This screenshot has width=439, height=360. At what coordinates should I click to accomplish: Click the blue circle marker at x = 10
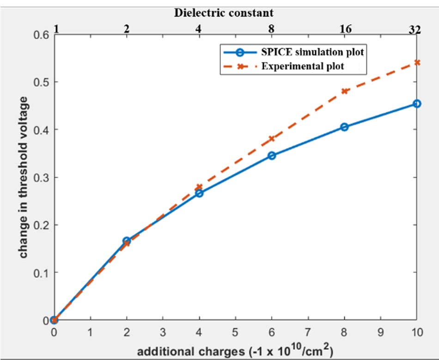click(417, 104)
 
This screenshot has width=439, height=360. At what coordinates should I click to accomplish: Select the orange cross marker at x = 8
click(344, 91)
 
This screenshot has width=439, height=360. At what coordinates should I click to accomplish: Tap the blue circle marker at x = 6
click(272, 156)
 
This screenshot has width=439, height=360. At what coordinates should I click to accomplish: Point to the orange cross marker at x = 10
click(417, 62)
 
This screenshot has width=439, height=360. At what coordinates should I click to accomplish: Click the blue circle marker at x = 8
click(344, 127)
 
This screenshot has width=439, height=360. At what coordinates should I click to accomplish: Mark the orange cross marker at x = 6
click(272, 139)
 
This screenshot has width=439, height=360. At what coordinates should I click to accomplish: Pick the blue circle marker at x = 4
click(199, 193)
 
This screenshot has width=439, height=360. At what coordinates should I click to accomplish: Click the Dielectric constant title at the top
click(224, 13)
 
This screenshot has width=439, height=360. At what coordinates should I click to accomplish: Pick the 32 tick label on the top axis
click(415, 29)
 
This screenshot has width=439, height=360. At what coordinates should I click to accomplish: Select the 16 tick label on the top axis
click(344, 29)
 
